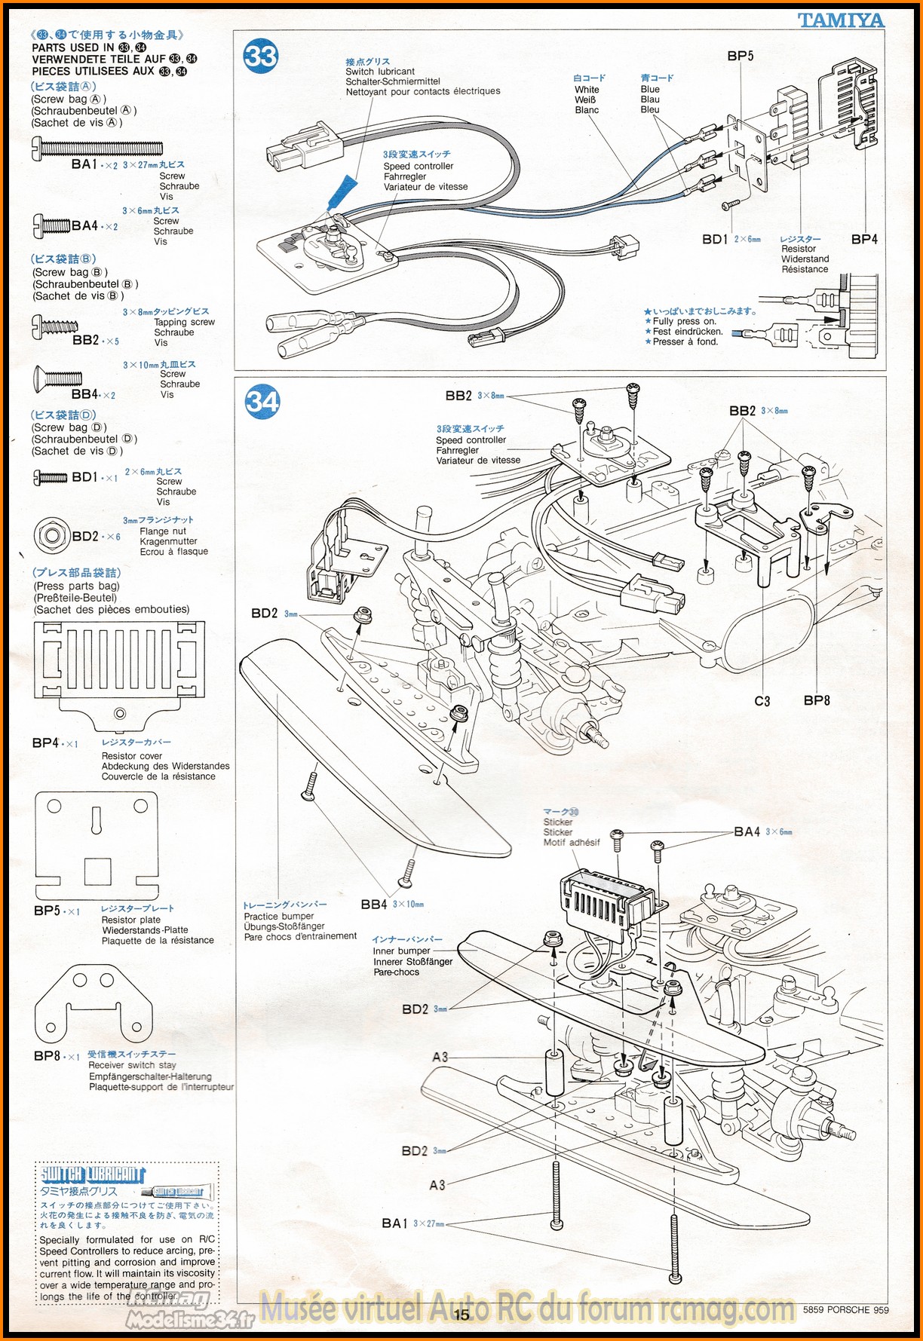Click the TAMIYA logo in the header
tap(841, 20)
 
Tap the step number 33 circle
tap(261, 57)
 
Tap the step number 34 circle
tap(262, 401)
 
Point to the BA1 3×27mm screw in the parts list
tap(97, 147)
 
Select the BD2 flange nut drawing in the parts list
tap(51, 536)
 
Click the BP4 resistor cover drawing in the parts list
tap(119, 671)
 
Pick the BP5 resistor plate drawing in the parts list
tap(97, 844)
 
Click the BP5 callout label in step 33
tap(740, 56)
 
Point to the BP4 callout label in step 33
tap(864, 239)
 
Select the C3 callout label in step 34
tap(762, 701)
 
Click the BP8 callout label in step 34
tap(817, 700)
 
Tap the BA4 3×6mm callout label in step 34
tap(747, 831)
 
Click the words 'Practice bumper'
tap(279, 916)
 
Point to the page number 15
tap(461, 1315)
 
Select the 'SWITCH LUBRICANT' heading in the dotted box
tap(92, 1174)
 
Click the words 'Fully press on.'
tap(684, 321)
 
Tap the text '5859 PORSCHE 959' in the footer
tap(845, 1309)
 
